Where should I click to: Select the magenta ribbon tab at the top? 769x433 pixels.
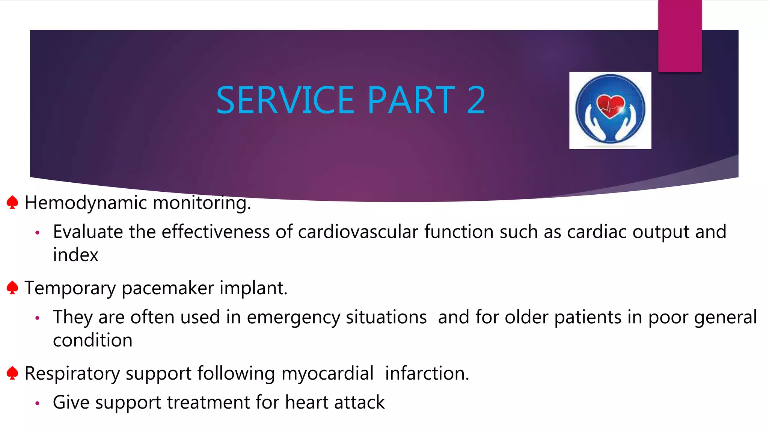click(680, 36)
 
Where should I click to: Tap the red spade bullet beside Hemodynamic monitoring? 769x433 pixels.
click(12, 202)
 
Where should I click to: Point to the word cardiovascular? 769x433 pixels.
click(358, 232)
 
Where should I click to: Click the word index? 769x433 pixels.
click(75, 255)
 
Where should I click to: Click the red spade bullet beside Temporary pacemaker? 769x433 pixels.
click(12, 288)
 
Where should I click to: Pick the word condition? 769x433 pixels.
click(92, 341)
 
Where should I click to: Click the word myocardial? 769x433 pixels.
click(327, 374)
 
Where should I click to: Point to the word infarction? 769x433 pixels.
click(427, 374)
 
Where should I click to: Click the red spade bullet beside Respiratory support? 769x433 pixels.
click(12, 373)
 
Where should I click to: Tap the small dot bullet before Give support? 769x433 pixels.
click(37, 403)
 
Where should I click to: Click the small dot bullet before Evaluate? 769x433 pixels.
click(37, 233)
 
